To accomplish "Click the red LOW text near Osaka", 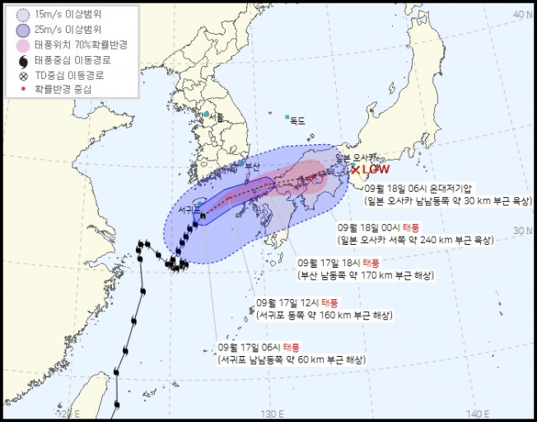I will pos(376,170).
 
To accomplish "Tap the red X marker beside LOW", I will pos(356,170).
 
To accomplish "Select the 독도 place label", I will pos(297,121).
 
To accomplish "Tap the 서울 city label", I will pos(217,117).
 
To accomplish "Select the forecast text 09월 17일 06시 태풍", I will pos(255,348).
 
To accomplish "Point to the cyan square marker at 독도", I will pos(287,118).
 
